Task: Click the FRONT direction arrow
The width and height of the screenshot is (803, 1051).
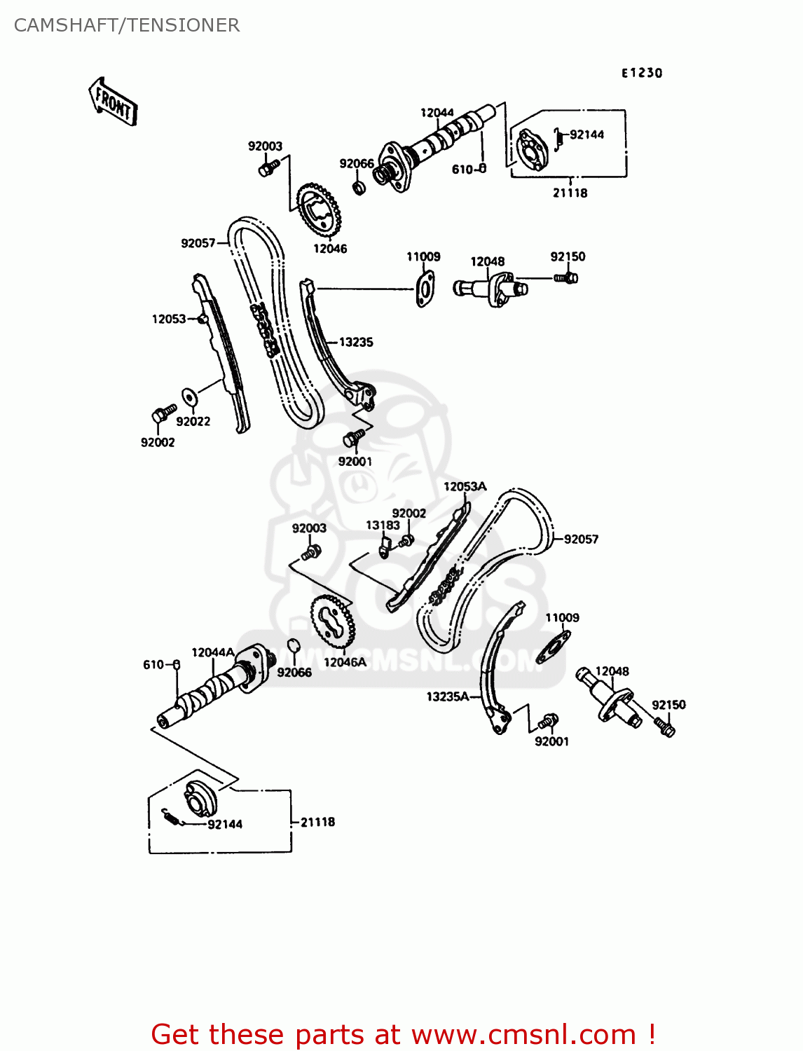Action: pos(113,102)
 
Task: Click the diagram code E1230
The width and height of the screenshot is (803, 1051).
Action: pos(641,73)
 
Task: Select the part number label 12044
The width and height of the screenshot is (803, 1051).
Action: pos(437,113)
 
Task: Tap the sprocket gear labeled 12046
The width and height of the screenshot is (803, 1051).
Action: pos(320,210)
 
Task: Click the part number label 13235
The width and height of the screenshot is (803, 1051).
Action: pos(356,342)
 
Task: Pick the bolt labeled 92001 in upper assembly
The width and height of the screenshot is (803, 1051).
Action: pos(353,438)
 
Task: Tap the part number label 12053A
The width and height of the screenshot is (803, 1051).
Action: pos(465,486)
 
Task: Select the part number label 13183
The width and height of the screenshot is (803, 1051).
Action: pos(383,525)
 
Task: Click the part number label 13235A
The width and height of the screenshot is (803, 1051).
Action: pos(448,696)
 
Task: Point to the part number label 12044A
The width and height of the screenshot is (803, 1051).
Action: pos(213,652)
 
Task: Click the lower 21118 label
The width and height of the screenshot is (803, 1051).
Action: pos(317,822)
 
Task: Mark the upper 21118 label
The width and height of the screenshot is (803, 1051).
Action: pos(570,193)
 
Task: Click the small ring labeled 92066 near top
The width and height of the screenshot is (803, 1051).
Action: pos(359,188)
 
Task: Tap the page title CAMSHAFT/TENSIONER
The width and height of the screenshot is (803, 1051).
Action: pos(127,25)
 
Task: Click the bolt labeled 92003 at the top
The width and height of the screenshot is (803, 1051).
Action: pos(268,168)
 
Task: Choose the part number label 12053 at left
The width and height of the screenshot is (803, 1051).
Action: pos(169,319)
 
